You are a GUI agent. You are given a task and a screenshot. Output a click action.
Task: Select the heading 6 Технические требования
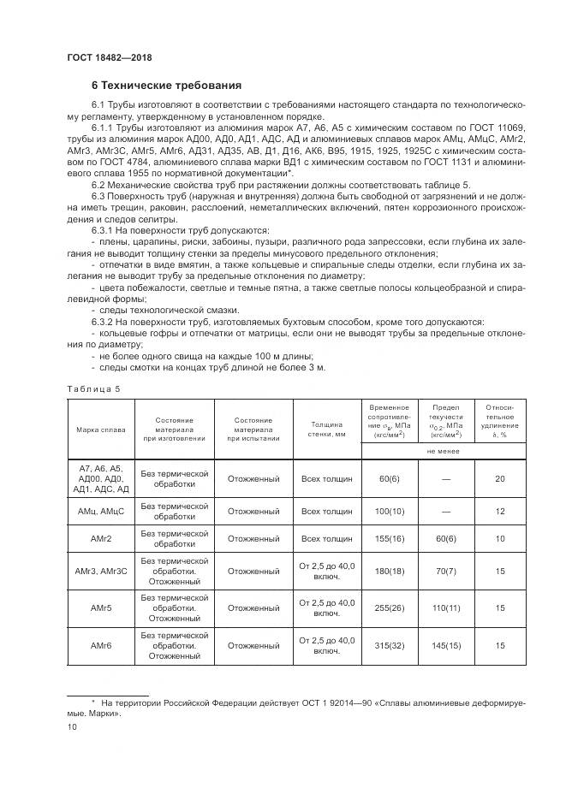(x=167, y=86)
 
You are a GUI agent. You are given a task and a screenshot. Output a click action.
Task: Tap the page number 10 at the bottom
(x=72, y=726)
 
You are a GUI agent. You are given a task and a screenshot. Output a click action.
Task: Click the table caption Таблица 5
(x=93, y=388)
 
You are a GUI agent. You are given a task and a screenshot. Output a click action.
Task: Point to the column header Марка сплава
(x=100, y=429)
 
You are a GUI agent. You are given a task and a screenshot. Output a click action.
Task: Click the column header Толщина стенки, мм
(x=326, y=429)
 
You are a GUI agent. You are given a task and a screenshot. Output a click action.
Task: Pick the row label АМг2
(x=100, y=538)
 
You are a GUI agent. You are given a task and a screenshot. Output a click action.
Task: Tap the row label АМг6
(x=100, y=646)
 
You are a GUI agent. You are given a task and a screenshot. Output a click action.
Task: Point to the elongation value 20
(x=499, y=478)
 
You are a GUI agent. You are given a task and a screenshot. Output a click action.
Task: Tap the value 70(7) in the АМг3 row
(x=446, y=571)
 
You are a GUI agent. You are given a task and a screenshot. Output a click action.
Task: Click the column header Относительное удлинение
(x=499, y=420)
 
